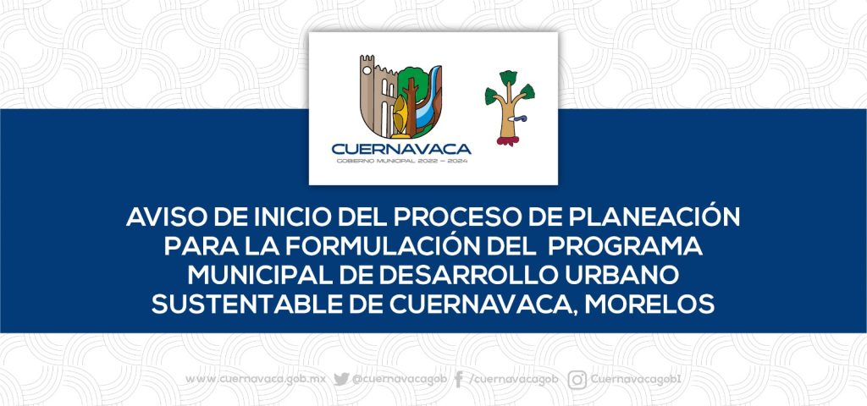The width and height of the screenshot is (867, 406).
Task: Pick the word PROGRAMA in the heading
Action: point(625,247)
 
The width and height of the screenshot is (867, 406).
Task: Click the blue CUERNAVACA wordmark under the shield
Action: point(401,149)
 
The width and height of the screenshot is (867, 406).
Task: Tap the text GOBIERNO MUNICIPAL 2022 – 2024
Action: point(402,162)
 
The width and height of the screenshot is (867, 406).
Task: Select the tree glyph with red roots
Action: point(509,107)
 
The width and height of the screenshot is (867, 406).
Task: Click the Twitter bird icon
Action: point(341,379)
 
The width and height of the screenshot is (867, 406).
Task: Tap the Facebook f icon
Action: point(458,380)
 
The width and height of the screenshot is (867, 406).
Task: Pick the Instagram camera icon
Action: point(577,380)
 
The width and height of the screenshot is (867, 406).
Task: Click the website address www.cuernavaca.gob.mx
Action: point(256,380)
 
